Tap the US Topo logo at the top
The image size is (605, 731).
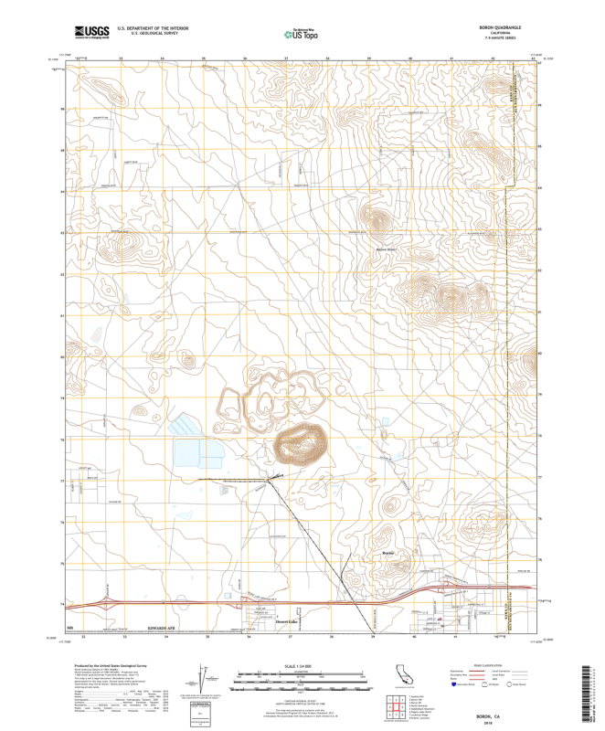(302, 35)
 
